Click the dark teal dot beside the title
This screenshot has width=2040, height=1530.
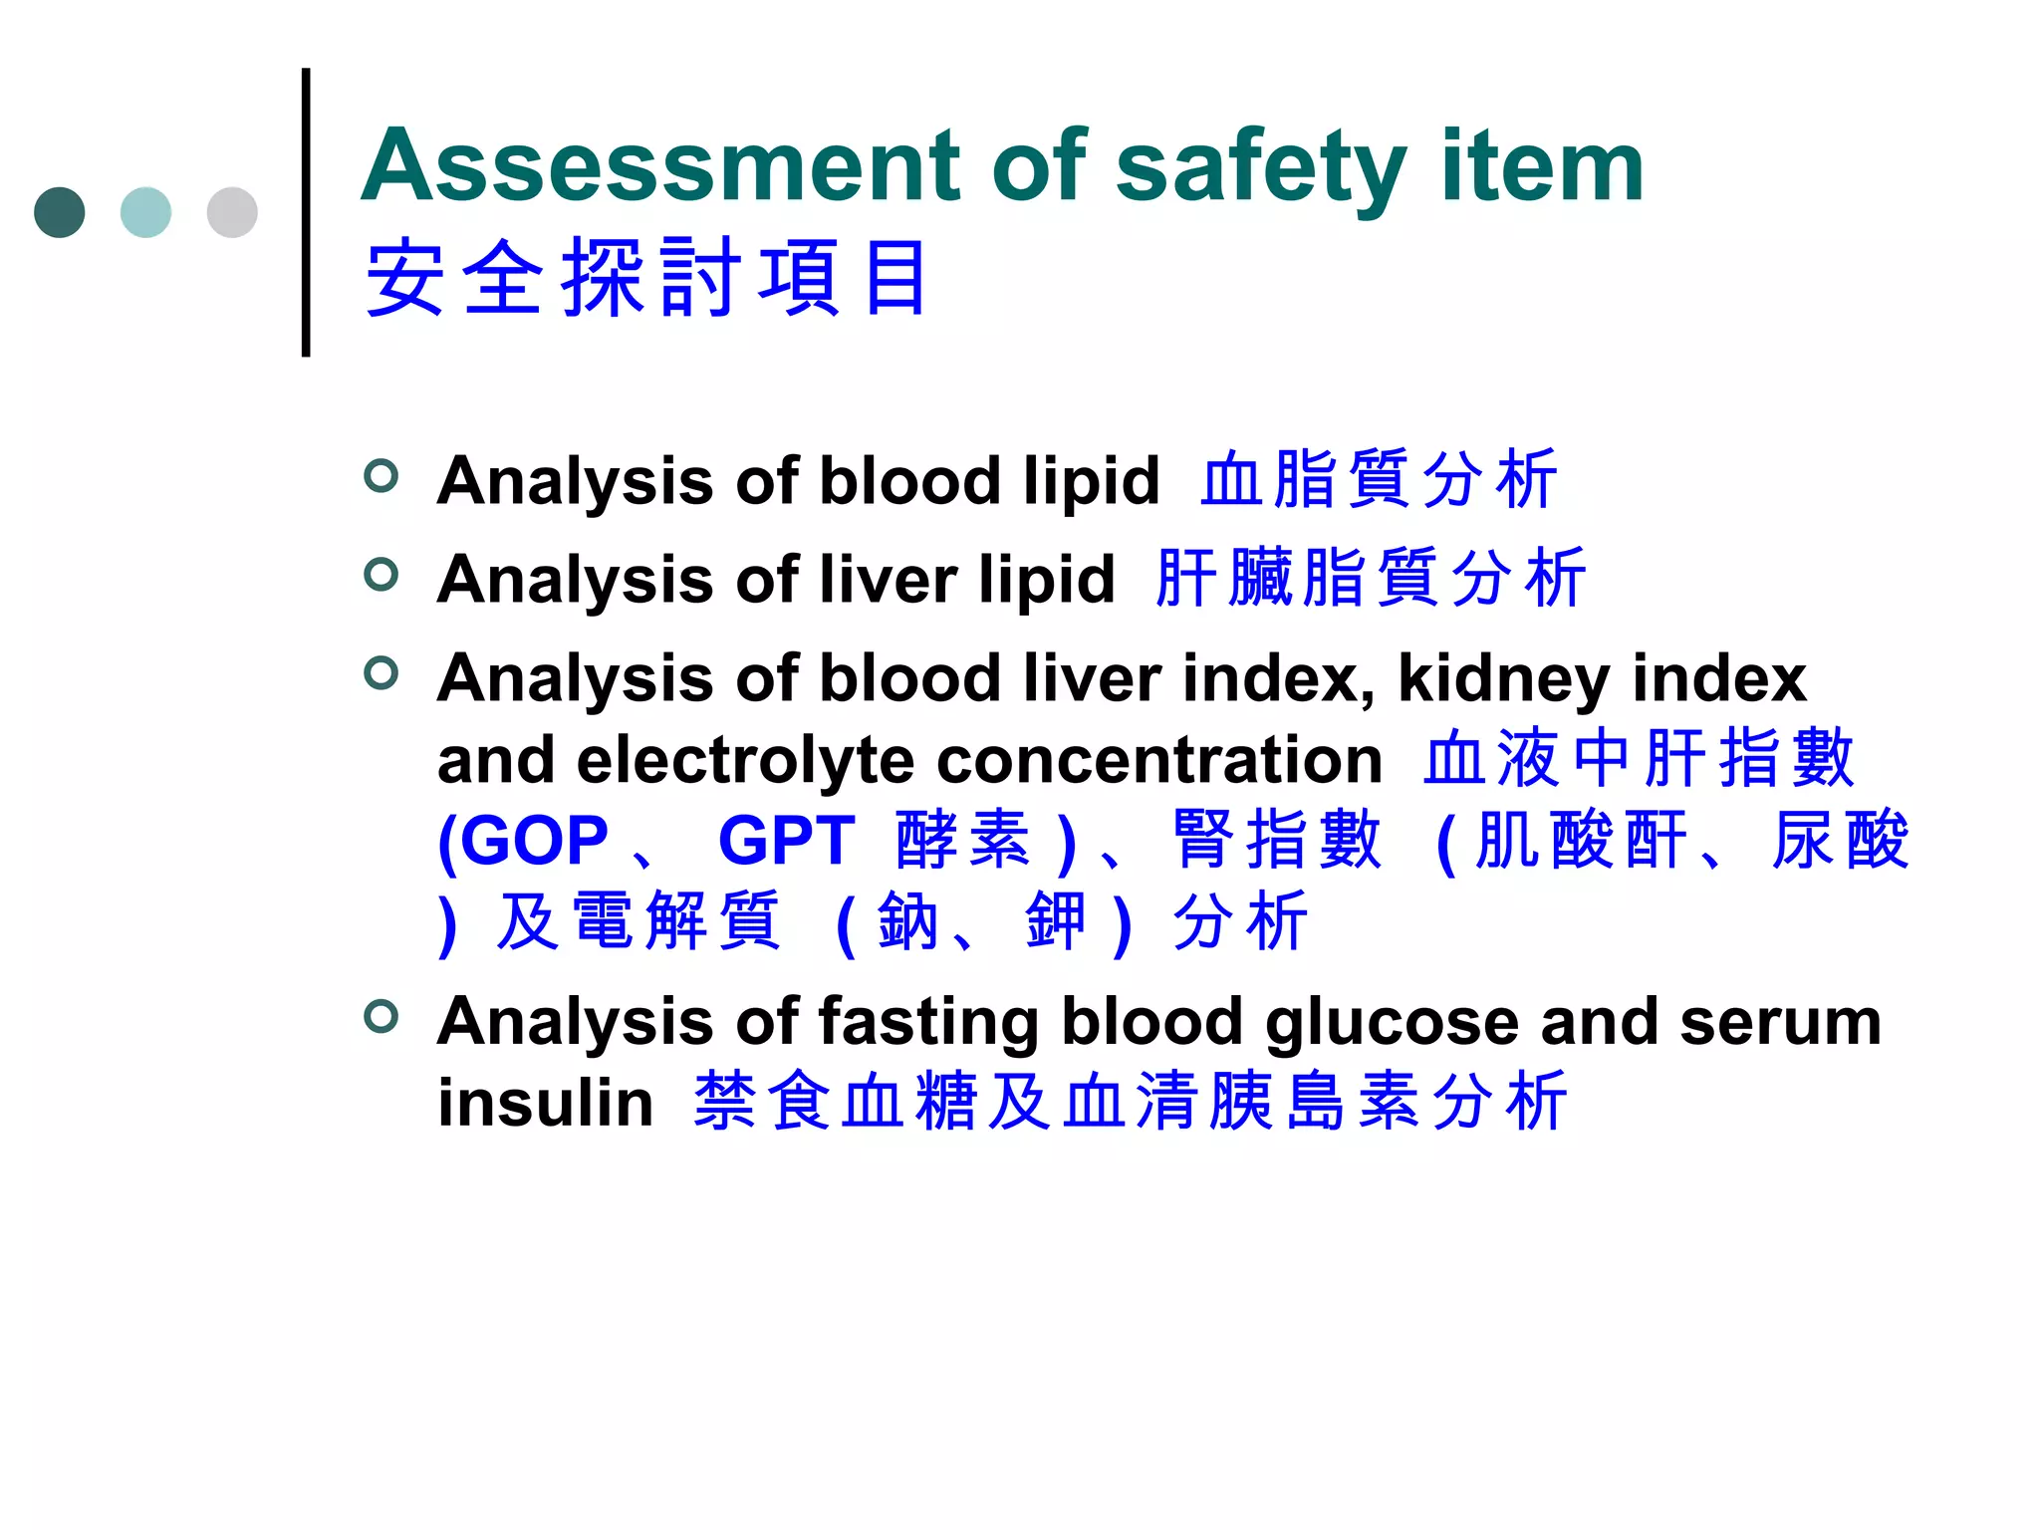60,212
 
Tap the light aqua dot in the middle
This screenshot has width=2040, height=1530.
145,212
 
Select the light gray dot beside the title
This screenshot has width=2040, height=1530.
232,212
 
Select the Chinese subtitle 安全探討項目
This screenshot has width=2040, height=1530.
647,279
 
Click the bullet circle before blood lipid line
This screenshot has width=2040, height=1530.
382,476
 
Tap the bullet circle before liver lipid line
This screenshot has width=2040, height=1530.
382,575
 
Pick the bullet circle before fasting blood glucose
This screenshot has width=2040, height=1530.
382,1017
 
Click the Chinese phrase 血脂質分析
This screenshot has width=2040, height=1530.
1378,480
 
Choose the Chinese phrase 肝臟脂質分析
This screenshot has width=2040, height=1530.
1370,578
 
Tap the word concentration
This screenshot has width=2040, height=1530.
1159,761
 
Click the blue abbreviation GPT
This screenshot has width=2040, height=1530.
787,842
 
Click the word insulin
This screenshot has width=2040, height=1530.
546,1104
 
